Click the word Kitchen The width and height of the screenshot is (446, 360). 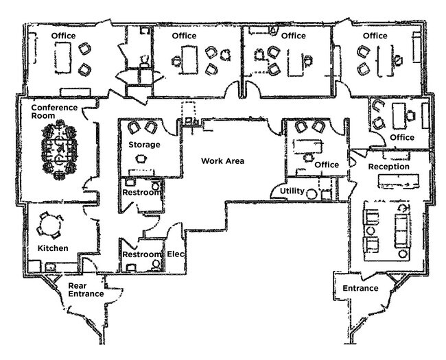[53, 248]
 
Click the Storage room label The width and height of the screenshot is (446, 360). [144, 145]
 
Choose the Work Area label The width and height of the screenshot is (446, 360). [222, 161]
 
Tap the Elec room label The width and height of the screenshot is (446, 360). [176, 254]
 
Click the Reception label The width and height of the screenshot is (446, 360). [388, 167]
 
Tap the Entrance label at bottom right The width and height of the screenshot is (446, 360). [360, 288]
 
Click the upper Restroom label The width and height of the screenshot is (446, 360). [142, 192]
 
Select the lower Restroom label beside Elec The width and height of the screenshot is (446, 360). [141, 254]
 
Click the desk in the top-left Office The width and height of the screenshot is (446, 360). [63, 56]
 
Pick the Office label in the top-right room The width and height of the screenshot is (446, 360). [375, 36]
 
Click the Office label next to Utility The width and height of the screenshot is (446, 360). [327, 165]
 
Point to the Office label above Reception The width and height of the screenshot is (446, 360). [401, 137]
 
